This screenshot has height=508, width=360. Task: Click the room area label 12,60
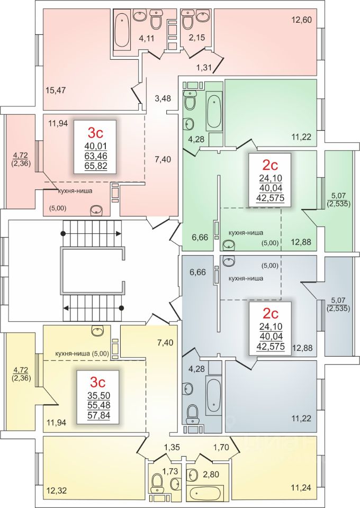coord(302,21)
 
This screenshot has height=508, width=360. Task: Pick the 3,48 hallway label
coord(164,98)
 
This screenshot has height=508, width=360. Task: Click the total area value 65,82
coord(96,165)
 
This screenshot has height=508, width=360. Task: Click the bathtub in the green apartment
coord(214,111)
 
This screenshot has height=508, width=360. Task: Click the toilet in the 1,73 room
coord(157,482)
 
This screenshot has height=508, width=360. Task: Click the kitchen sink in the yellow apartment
coord(97,332)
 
